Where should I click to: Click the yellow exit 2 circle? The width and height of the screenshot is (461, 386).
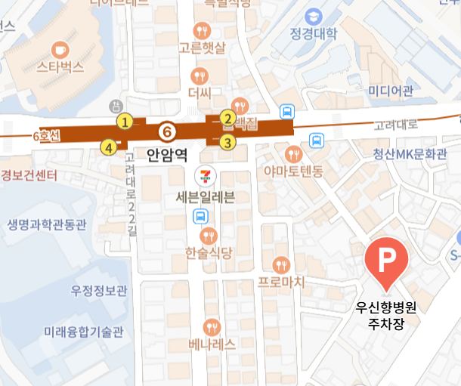pos(226,119)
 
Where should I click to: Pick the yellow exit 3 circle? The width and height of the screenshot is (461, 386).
pos(227,141)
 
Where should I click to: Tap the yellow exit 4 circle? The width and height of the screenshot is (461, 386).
pos(110,147)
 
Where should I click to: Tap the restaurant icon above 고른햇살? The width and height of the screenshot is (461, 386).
pos(202,31)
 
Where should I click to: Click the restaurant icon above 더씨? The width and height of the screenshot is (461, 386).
pos(199,76)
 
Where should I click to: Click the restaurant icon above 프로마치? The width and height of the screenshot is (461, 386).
pos(281,264)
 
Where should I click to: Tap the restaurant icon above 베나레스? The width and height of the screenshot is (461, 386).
pos(212,326)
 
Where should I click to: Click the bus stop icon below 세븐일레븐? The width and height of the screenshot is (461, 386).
pos(200,218)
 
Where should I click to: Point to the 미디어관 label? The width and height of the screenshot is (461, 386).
pos(390,92)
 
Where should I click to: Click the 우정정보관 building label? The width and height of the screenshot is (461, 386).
pos(100,290)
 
